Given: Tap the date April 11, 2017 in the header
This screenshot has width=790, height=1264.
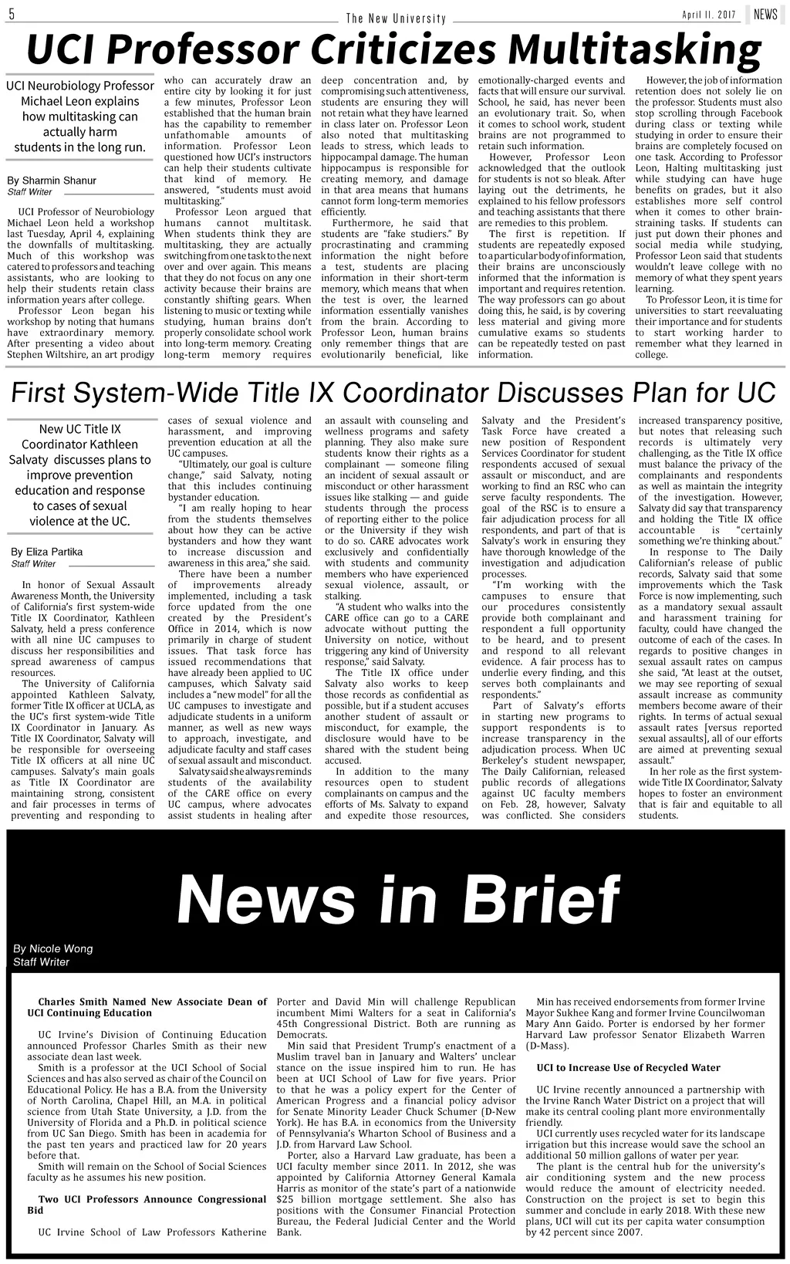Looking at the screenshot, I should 709,15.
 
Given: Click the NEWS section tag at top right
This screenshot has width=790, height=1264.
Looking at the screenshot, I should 765,15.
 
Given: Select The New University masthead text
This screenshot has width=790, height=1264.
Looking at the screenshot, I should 396,19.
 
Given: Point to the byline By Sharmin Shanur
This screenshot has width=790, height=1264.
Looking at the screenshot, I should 52,181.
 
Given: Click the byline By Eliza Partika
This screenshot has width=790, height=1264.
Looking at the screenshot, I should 46,552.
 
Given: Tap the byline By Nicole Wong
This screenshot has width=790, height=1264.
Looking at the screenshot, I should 52,948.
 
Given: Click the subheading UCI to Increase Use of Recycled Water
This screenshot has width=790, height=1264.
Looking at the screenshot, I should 628,1067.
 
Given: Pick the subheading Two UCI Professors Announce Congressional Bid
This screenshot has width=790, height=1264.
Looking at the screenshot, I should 147,1205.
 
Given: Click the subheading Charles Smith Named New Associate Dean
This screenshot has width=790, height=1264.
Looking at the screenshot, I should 147,1007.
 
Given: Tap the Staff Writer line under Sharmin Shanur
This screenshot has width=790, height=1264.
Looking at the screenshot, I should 29,191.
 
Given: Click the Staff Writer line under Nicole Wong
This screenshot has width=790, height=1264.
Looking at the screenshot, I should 41,962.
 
